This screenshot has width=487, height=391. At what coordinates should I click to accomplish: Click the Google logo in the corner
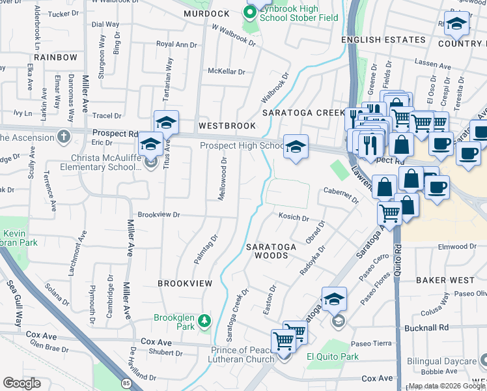point(21,383)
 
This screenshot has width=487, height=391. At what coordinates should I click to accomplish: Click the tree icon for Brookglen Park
point(204,320)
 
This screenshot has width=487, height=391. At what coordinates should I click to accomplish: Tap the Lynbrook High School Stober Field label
point(298,12)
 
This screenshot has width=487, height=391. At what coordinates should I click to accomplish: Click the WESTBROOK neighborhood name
point(227,124)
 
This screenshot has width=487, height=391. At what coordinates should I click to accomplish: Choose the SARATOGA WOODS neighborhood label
point(271,251)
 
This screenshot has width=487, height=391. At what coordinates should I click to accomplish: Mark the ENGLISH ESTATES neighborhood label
point(383,40)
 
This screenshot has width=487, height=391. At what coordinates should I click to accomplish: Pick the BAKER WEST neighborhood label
point(445,280)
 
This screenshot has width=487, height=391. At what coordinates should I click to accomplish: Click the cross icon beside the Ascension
point(63,137)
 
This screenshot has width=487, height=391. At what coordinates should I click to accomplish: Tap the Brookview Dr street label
point(158,214)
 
